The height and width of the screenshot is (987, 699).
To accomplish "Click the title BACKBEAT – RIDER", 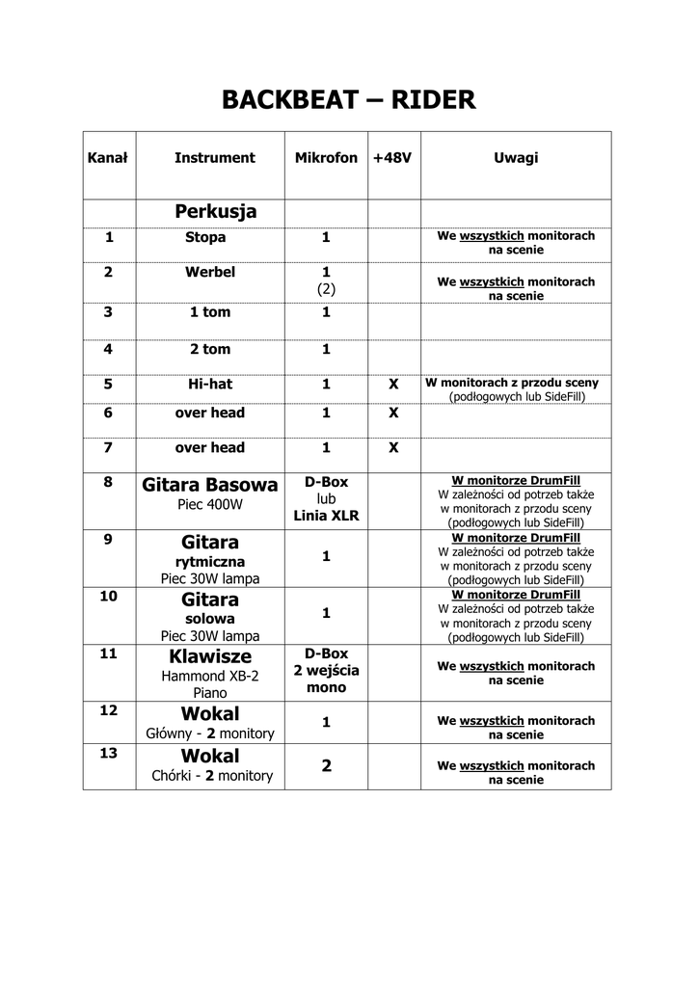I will [x=349, y=99].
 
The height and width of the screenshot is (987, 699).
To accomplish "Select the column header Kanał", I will [x=108, y=158].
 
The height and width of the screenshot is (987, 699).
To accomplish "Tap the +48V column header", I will [x=392, y=158].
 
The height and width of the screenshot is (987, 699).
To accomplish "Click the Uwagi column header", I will [x=516, y=158].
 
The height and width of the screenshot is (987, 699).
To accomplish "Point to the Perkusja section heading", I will [x=215, y=211].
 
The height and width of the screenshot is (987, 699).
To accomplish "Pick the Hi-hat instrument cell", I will [x=210, y=384].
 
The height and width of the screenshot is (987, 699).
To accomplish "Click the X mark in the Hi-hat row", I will [x=393, y=384].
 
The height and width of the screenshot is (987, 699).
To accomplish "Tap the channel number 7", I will [x=108, y=447].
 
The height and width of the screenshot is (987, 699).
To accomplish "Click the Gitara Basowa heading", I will [x=209, y=484].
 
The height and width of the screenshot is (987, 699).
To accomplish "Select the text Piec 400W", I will [x=210, y=504].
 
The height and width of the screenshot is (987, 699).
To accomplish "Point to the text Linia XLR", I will [x=326, y=516].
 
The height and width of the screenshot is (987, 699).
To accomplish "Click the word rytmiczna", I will [x=210, y=561].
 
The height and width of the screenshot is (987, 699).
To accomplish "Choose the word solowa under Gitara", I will [x=210, y=618].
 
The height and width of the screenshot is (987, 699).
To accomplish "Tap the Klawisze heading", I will [x=209, y=656].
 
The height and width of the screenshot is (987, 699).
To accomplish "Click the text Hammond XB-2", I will [x=210, y=676].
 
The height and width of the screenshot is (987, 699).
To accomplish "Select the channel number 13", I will [x=109, y=753].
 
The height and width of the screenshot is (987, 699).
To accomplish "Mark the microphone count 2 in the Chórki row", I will [x=326, y=765].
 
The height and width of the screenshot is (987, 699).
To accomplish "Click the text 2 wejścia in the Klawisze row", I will [x=326, y=671].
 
